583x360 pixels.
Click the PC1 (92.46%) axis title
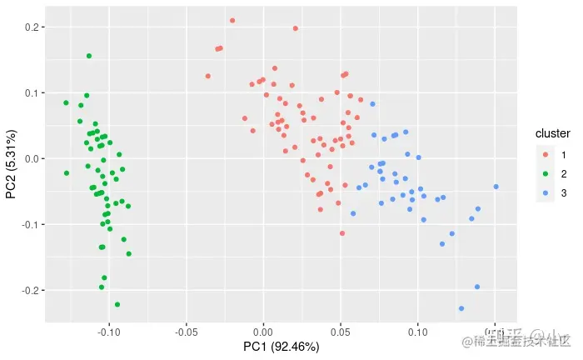click(x=281, y=347)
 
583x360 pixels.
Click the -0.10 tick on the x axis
click(x=108, y=331)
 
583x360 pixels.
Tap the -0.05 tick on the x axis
click(x=186, y=331)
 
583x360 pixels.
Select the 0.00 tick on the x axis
click(x=263, y=331)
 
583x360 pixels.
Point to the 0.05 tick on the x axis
click(x=341, y=331)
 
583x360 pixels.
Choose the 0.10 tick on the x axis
click(x=418, y=331)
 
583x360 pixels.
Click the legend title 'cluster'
click(x=552, y=133)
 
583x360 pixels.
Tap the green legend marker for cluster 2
click(x=546, y=173)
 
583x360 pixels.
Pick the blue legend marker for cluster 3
click(x=546, y=192)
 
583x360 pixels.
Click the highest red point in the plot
click(x=232, y=20)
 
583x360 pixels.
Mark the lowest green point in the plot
click(x=117, y=304)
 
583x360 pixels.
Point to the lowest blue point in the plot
click(x=461, y=308)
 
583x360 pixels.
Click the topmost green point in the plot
click(x=89, y=56)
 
